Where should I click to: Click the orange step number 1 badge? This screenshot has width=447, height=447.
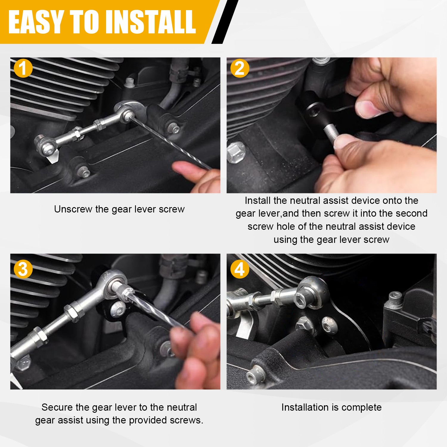tap(23, 68)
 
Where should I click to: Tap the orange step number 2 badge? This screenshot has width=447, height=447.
tap(240, 68)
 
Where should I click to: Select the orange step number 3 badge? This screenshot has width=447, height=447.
tap(23, 269)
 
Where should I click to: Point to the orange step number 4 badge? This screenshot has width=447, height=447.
tap(240, 269)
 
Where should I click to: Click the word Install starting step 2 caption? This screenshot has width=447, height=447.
tap(258, 201)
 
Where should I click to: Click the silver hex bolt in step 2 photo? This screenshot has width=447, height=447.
tap(236, 152)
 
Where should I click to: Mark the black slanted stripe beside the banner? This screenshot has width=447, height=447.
tap(225, 22)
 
